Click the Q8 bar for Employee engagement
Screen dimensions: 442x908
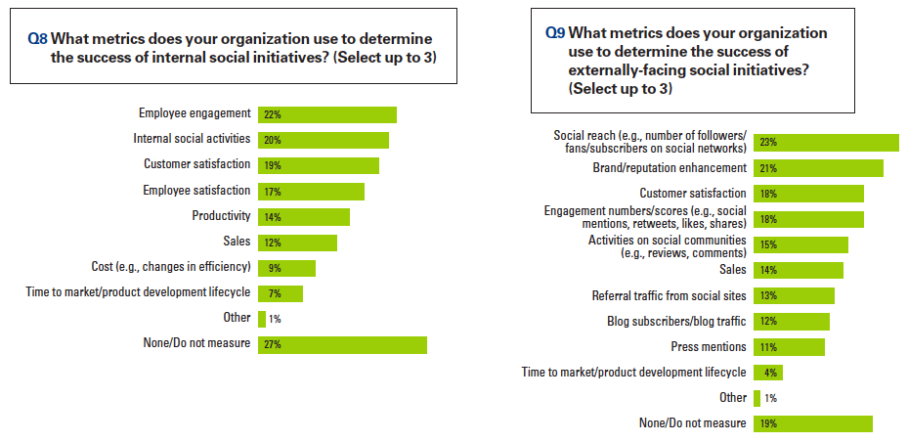coord(327,114)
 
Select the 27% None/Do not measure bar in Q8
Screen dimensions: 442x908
coord(342,344)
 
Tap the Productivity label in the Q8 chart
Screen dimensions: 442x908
coord(222,216)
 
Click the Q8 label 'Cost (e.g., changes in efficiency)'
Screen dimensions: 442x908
coord(171,267)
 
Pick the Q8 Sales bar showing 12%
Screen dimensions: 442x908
coord(297,242)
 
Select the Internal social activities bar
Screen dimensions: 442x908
coord(324,140)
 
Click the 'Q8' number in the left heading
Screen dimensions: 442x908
coord(37,38)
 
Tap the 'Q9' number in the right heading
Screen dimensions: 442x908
coord(554,32)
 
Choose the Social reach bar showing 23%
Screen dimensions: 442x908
coord(826,143)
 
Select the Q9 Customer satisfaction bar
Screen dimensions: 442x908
coord(808,194)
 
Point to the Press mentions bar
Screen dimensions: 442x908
coord(789,347)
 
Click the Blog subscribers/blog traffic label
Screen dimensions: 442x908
coord(677,321)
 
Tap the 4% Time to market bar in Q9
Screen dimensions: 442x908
coord(768,373)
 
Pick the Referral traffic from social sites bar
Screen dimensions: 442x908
coord(794,295)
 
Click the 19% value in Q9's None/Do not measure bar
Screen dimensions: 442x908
coord(768,423)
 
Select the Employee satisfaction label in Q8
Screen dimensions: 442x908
coord(196,191)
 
